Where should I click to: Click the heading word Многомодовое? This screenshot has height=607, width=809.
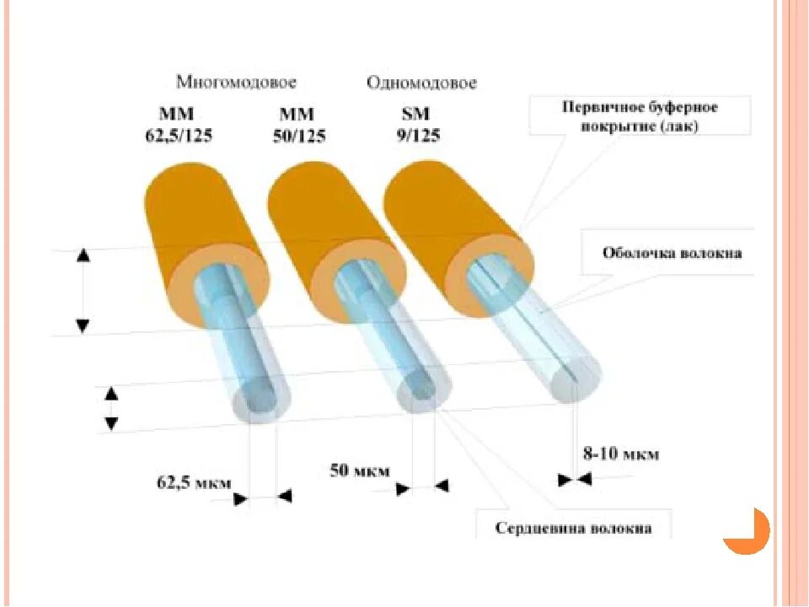point(236,82)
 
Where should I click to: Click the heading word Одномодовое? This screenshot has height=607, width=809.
point(421,83)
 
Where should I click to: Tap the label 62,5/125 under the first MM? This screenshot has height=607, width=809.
point(177,135)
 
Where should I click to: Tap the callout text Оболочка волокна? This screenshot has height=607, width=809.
point(672,253)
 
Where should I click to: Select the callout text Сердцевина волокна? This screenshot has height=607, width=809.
point(573,529)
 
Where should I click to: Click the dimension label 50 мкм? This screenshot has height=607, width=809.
point(358,470)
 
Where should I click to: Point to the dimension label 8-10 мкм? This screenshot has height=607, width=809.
point(621,454)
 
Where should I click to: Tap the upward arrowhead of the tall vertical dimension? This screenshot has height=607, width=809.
point(83,255)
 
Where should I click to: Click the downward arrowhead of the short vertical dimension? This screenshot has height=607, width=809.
point(110,422)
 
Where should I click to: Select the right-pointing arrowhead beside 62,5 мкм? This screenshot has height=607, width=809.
point(241,498)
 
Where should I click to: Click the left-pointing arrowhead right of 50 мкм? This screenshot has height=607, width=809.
point(442,486)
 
